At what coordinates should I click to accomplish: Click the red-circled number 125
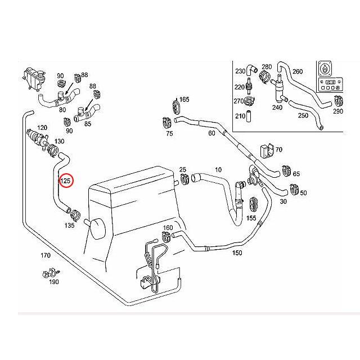tap(66, 181)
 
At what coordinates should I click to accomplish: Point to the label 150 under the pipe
tap(237, 253)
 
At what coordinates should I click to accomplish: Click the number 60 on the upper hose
tap(211, 133)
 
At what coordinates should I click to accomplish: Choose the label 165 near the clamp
tap(184, 100)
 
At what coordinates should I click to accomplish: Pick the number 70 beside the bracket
tap(278, 150)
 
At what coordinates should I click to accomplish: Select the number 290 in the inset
tap(337, 111)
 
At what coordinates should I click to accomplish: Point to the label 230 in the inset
tap(240, 71)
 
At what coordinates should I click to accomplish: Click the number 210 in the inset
tap(240, 116)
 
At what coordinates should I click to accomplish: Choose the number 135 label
tap(69, 225)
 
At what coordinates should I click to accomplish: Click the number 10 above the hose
tap(218, 169)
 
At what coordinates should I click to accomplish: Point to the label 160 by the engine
tap(168, 228)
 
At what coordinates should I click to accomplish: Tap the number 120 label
tap(42, 128)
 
